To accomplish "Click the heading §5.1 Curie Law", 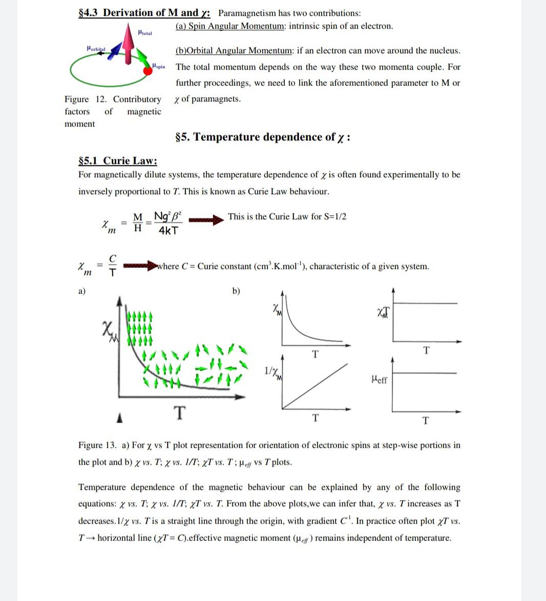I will coord(117,161).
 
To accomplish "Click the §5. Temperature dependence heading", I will coord(263,137).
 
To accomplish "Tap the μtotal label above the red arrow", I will coord(145,33).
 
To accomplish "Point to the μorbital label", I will coord(96,48).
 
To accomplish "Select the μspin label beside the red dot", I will coord(159,67).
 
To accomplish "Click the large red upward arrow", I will coord(129,38).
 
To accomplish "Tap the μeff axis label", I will coord(379,380).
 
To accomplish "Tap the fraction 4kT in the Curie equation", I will coord(169,231).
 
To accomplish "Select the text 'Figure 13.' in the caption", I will coord(97,445).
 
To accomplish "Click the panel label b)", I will coord(236,292).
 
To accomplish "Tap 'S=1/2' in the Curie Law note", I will coord(335,216).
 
